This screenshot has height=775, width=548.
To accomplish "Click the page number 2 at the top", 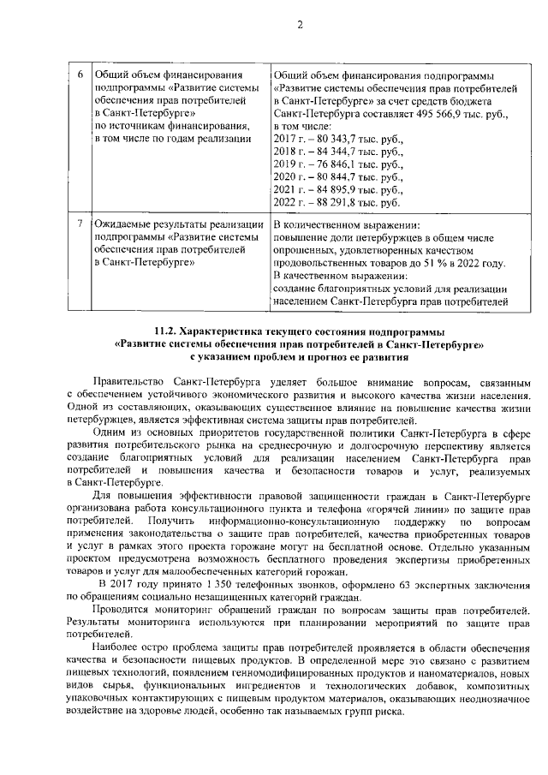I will [301, 24].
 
